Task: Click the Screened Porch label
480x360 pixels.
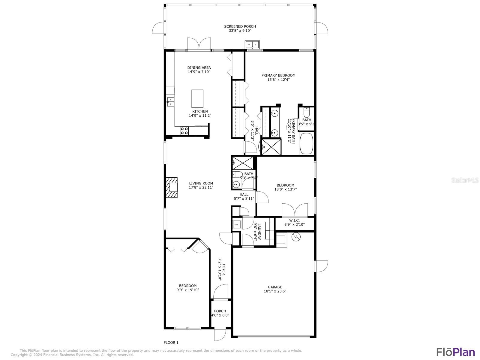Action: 240,28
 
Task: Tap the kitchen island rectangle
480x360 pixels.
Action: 197,98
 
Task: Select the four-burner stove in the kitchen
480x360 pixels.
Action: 184,131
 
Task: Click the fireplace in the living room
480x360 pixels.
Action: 172,187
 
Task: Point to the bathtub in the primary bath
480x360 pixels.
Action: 306,144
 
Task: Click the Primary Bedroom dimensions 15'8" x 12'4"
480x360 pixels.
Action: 278,79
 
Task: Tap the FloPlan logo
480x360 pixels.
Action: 456,352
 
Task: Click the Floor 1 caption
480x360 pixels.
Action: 171,343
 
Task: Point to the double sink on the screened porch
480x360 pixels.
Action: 252,45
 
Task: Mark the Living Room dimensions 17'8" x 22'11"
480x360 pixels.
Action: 201,187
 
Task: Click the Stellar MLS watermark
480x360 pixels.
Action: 465,180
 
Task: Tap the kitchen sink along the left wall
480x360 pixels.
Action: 170,102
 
